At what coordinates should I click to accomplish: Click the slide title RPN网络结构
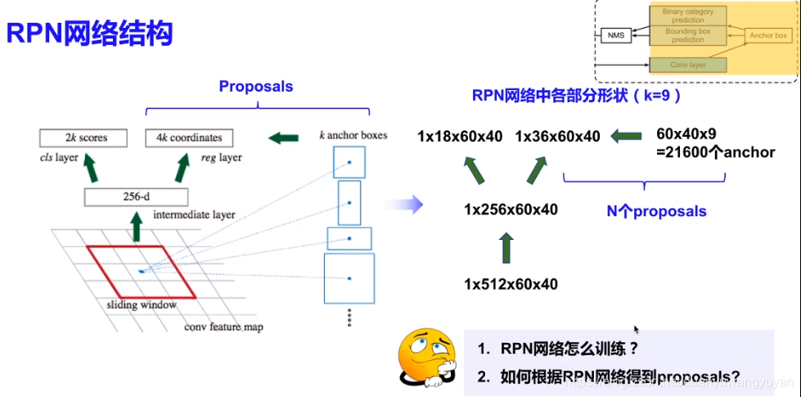(x=89, y=34)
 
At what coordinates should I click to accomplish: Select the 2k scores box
(x=83, y=138)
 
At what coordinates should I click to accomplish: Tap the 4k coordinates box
(x=189, y=138)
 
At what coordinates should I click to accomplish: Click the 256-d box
(x=137, y=196)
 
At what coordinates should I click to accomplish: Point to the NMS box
(x=615, y=35)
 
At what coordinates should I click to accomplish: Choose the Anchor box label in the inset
(x=768, y=35)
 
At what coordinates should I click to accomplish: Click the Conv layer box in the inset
(x=688, y=65)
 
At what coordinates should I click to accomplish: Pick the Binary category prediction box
(x=688, y=16)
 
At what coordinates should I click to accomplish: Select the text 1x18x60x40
(x=460, y=136)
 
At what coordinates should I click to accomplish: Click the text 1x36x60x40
(x=557, y=136)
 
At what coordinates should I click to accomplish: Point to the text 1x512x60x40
(x=511, y=284)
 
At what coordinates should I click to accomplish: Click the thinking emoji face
(x=425, y=357)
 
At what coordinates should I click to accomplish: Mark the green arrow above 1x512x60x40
(x=506, y=247)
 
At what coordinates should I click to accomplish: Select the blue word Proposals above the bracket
(x=256, y=86)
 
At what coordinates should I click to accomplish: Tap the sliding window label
(x=142, y=305)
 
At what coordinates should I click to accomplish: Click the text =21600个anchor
(x=715, y=151)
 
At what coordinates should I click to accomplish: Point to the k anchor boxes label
(x=352, y=134)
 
